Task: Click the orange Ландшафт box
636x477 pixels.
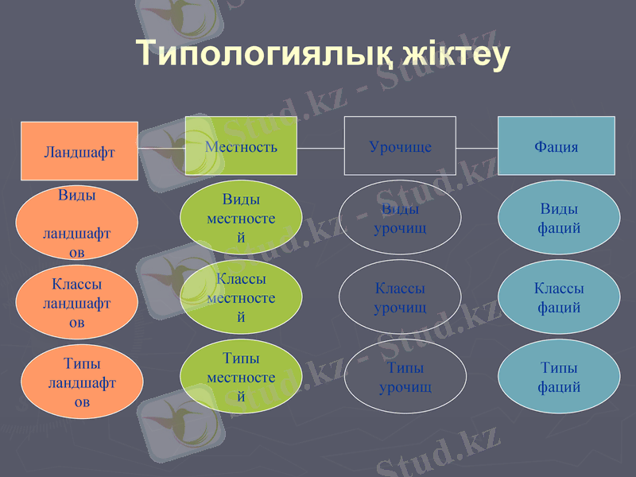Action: click(x=79, y=151)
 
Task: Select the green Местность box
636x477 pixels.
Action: click(x=241, y=146)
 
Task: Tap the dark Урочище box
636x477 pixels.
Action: click(x=400, y=146)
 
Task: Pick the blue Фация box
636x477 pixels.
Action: click(x=556, y=146)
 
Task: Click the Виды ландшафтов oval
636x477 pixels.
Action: click(x=77, y=223)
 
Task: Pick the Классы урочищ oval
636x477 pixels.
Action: click(x=400, y=297)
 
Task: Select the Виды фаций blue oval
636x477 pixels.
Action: click(x=559, y=218)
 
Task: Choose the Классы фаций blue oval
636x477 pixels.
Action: click(x=559, y=297)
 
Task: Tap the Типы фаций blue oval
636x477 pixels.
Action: click(x=559, y=377)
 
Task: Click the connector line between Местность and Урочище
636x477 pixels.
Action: click(x=320, y=148)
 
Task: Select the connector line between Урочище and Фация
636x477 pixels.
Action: click(x=477, y=148)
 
